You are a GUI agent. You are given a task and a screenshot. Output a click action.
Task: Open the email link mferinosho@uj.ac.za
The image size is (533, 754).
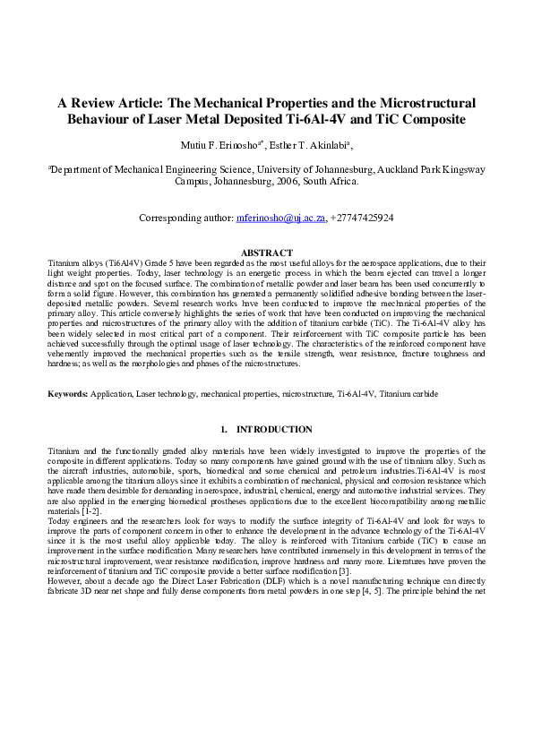click(280, 218)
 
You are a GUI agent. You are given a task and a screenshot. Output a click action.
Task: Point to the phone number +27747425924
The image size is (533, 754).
click(362, 218)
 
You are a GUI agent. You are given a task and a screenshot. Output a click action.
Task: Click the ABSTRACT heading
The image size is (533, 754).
click(266, 253)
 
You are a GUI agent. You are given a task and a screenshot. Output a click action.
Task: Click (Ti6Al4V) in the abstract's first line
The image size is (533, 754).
click(126, 263)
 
